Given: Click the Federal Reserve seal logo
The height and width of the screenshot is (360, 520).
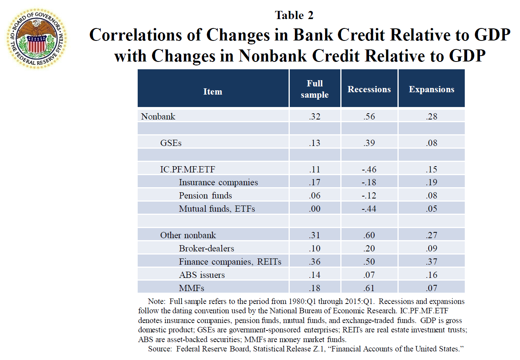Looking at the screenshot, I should pos(37,39).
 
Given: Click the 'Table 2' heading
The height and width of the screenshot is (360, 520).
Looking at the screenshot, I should pos(294,15).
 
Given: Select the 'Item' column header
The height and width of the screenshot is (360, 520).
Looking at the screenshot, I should pos(213,91).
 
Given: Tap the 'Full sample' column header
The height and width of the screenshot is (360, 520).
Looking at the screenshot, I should pos(315,89).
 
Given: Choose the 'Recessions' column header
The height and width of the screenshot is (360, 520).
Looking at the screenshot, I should pos(369,89).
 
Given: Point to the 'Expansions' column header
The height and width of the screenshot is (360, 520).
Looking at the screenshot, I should pos(431,89).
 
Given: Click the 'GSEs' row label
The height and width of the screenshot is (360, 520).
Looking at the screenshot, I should pos(171,143).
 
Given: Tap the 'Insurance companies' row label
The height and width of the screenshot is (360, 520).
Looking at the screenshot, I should pos(218,183).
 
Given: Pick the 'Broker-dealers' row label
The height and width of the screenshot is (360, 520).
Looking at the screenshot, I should pos(207,248).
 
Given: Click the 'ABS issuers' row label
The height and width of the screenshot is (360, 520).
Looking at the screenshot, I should pos(202,275).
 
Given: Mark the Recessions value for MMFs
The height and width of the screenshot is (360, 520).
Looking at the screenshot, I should pos(369,288).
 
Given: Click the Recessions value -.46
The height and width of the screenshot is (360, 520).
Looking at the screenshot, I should pos(369,169).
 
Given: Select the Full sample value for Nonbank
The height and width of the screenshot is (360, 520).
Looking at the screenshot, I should pos(315,116).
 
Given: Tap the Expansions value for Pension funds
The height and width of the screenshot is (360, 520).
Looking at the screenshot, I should pos(431,195).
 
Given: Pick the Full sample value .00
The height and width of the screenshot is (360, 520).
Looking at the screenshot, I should pos(315,209).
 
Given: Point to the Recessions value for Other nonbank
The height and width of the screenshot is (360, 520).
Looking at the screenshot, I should pos(369,235).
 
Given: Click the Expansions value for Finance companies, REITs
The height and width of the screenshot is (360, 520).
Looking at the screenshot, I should pos(431,262).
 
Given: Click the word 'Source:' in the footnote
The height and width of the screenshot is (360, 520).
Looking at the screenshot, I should pos(160,349).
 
